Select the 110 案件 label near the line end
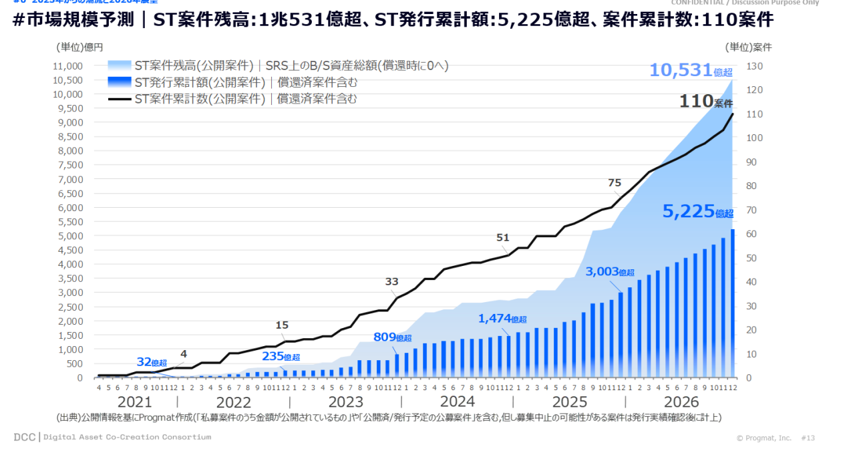coord(705,102)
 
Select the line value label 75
coord(615,183)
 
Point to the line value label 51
coord(503,237)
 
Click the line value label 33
coord(391,281)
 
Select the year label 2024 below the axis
coord(457,402)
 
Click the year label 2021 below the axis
coord(134,402)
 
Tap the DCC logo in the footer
coord(24,437)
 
